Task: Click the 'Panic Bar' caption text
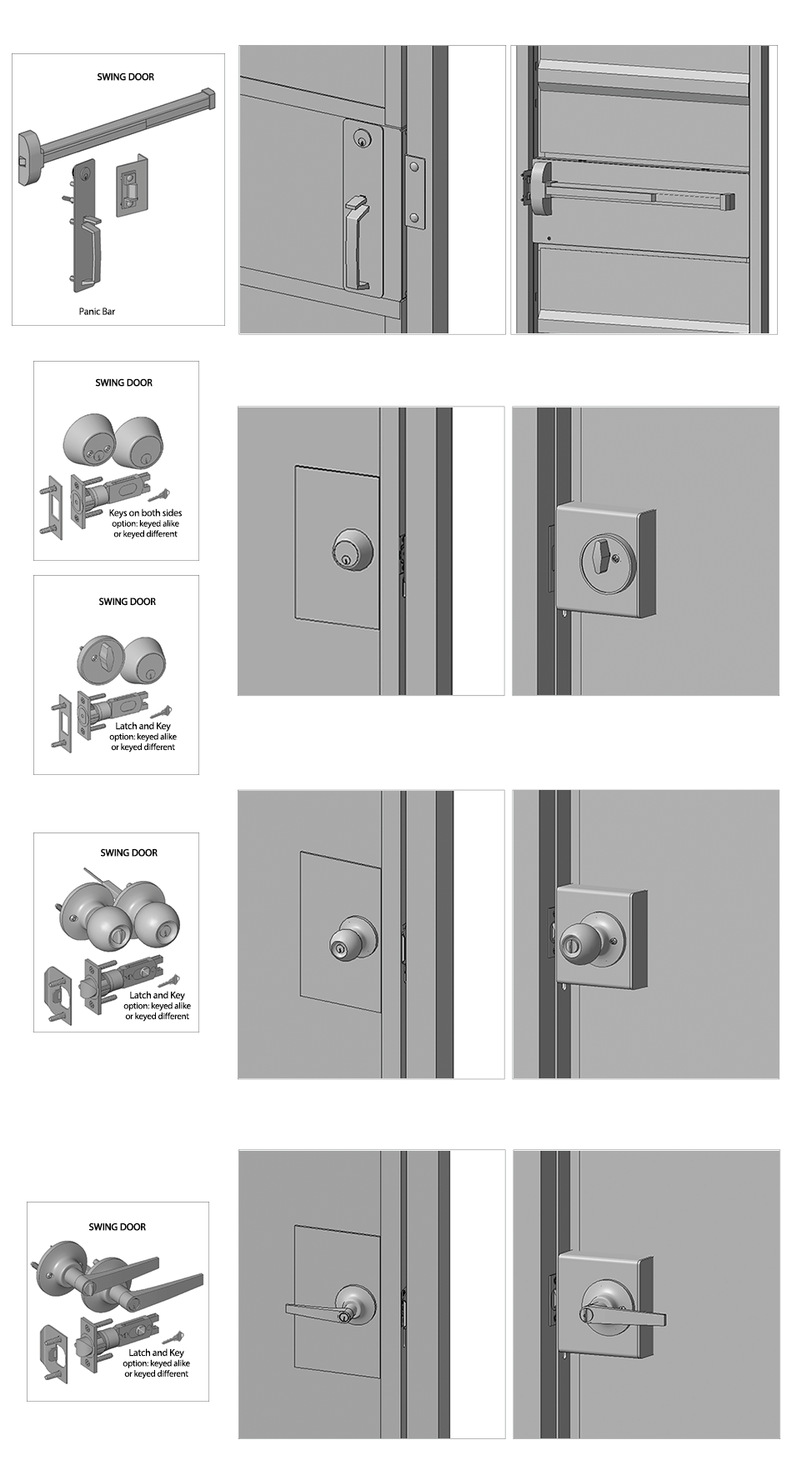[97, 312]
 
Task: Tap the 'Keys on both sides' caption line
[145, 513]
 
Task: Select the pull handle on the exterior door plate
[356, 242]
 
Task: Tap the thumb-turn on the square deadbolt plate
[602, 551]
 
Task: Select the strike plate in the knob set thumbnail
[57, 995]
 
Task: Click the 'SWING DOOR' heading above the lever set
[118, 1227]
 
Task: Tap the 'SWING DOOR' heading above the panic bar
[126, 77]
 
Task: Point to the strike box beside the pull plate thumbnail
[129, 186]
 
